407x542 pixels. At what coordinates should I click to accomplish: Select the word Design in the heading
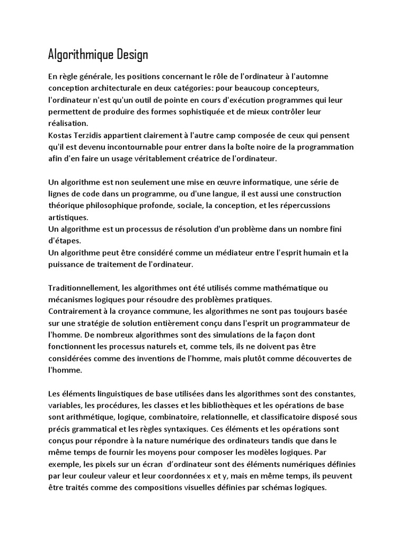(134, 55)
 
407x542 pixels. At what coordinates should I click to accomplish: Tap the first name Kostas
(61, 134)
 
